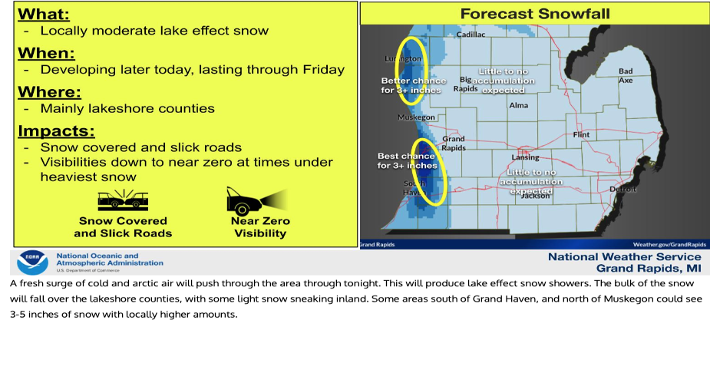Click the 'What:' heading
click(x=43, y=14)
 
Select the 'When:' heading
click(x=46, y=53)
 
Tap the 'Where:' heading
click(x=49, y=92)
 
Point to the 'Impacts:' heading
click(x=57, y=130)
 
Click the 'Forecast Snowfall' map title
click(x=535, y=14)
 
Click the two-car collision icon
click(x=122, y=201)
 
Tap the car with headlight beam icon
click(x=256, y=201)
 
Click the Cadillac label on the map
click(x=471, y=35)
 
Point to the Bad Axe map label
click(x=626, y=75)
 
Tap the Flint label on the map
click(x=581, y=134)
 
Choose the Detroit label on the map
click(x=622, y=188)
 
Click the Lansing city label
click(x=525, y=157)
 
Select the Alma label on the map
click(x=518, y=105)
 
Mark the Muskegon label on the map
click(x=416, y=117)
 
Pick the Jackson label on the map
click(x=535, y=196)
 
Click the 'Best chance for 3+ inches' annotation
click(x=407, y=160)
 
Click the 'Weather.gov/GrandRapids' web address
click(x=665, y=244)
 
